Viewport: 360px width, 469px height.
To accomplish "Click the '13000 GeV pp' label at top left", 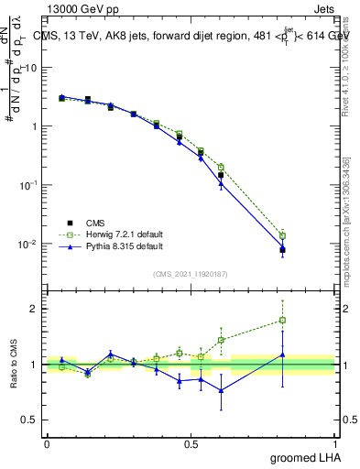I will point(80,8).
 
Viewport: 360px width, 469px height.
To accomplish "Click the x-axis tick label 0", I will point(47,444).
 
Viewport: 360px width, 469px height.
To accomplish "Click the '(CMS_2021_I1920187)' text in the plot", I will point(191,273).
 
